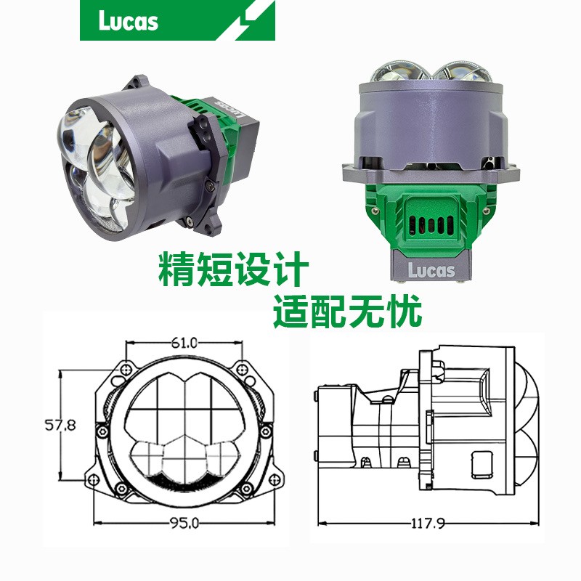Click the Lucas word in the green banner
[129, 21]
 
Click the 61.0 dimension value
[184, 343]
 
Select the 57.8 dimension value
[60, 425]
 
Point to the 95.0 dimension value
[184, 523]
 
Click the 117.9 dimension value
[428, 524]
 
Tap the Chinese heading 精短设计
[233, 269]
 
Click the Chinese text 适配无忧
[347, 311]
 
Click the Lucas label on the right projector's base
[431, 270]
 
